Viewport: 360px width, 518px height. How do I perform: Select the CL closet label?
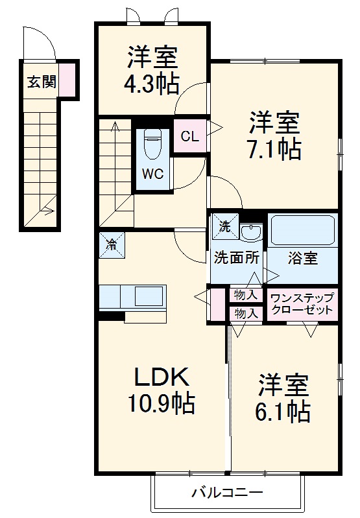[x=189, y=137]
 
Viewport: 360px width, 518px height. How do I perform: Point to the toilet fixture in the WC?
[x=152, y=144]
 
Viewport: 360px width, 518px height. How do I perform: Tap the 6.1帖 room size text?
[x=283, y=410]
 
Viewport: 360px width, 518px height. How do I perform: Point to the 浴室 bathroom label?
[x=302, y=257]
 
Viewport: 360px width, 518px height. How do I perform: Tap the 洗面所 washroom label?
[x=237, y=257]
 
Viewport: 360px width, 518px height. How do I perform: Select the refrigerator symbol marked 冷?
[x=112, y=244]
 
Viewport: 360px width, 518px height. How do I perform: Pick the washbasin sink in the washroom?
[x=250, y=231]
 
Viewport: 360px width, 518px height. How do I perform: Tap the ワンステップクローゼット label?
[x=302, y=303]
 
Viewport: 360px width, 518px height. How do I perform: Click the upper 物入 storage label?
[x=246, y=294]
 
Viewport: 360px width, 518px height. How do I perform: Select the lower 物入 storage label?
[x=246, y=312]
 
